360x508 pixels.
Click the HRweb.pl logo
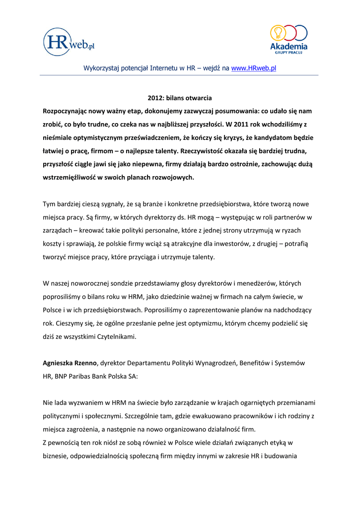point(69,42)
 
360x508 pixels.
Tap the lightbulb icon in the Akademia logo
point(277,33)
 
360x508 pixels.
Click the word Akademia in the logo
point(288,47)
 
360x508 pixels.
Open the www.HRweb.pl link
point(254,68)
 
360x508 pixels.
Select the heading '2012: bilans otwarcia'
point(180,98)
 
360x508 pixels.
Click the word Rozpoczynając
point(68,111)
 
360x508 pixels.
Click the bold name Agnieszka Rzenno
point(70,363)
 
